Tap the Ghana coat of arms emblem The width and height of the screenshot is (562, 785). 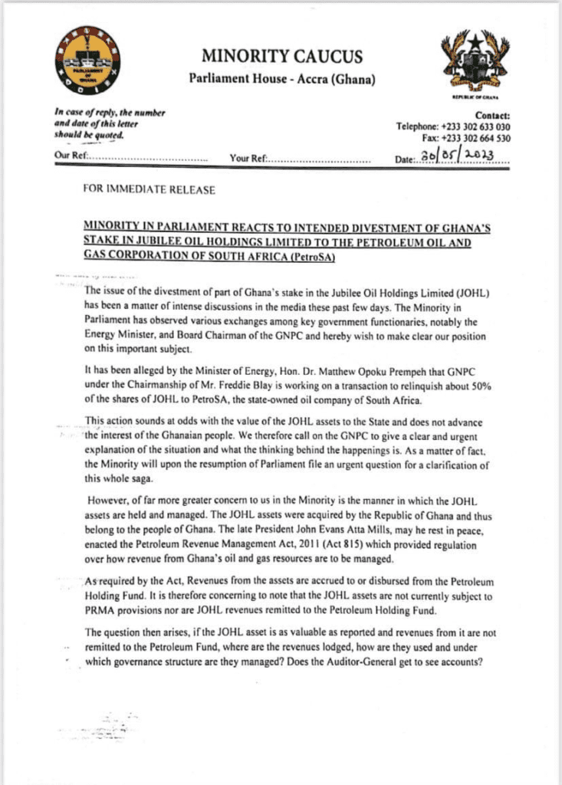pyautogui.click(x=471, y=62)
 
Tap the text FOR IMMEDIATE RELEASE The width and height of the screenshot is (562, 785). pyautogui.click(x=150, y=189)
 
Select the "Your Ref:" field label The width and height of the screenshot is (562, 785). pyautogui.click(x=248, y=159)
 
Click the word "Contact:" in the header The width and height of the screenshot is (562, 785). pyautogui.click(x=492, y=115)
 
